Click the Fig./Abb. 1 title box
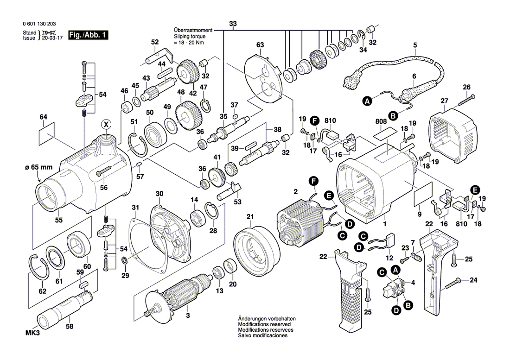click(x=88, y=35)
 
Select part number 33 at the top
click(x=233, y=24)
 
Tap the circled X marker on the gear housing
click(x=105, y=124)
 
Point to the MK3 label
click(x=32, y=333)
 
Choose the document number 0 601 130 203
click(x=39, y=24)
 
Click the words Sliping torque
click(x=190, y=37)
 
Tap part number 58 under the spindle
click(x=70, y=327)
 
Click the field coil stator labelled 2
click(x=300, y=221)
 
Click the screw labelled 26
click(x=467, y=100)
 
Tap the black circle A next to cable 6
click(x=367, y=101)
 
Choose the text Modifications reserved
click(x=264, y=324)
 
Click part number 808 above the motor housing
click(x=381, y=121)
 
